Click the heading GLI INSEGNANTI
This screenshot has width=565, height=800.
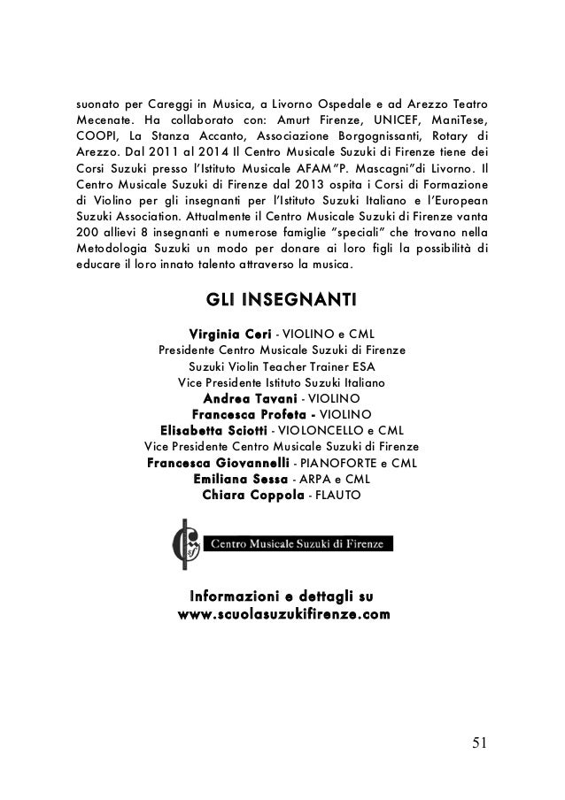(x=282, y=304)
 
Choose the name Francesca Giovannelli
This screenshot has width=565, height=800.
(x=217, y=462)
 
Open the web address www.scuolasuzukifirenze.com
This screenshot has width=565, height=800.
(x=283, y=613)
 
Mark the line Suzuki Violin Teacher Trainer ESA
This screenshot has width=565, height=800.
(x=282, y=366)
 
